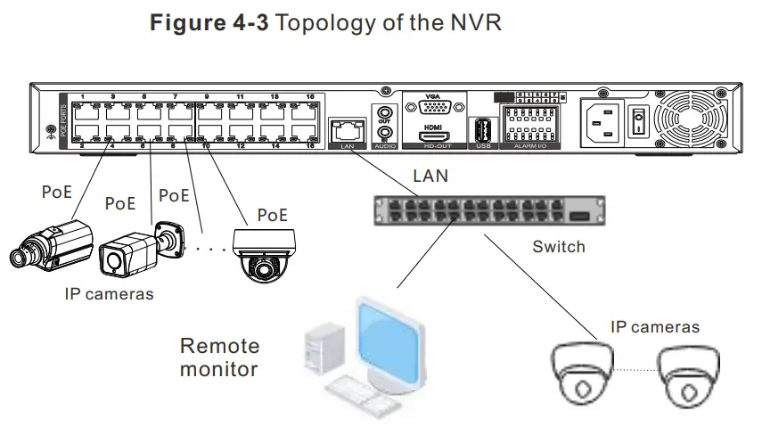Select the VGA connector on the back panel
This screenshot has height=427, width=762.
pos(434,108)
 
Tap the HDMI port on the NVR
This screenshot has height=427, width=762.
pos(434,135)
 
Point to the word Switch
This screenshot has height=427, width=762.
pos(558,246)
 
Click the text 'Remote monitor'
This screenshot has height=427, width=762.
pos(219,357)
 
